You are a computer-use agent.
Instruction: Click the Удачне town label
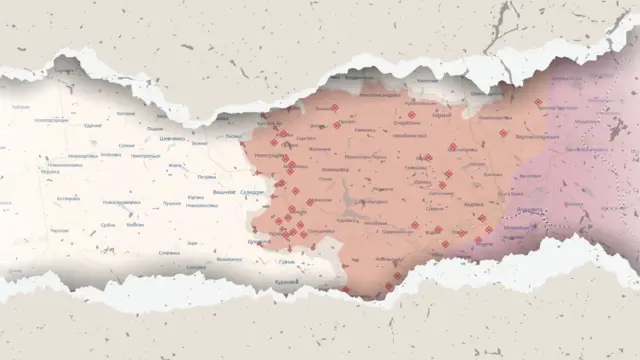pyautogui.click(x=93, y=126)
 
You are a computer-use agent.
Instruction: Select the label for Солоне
pyautogui.click(x=126, y=146)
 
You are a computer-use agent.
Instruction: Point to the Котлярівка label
pyautogui.click(x=68, y=199)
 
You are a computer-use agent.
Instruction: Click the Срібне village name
pyautogui.click(x=108, y=225)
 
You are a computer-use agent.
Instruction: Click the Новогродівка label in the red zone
pyautogui.click(x=268, y=156)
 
